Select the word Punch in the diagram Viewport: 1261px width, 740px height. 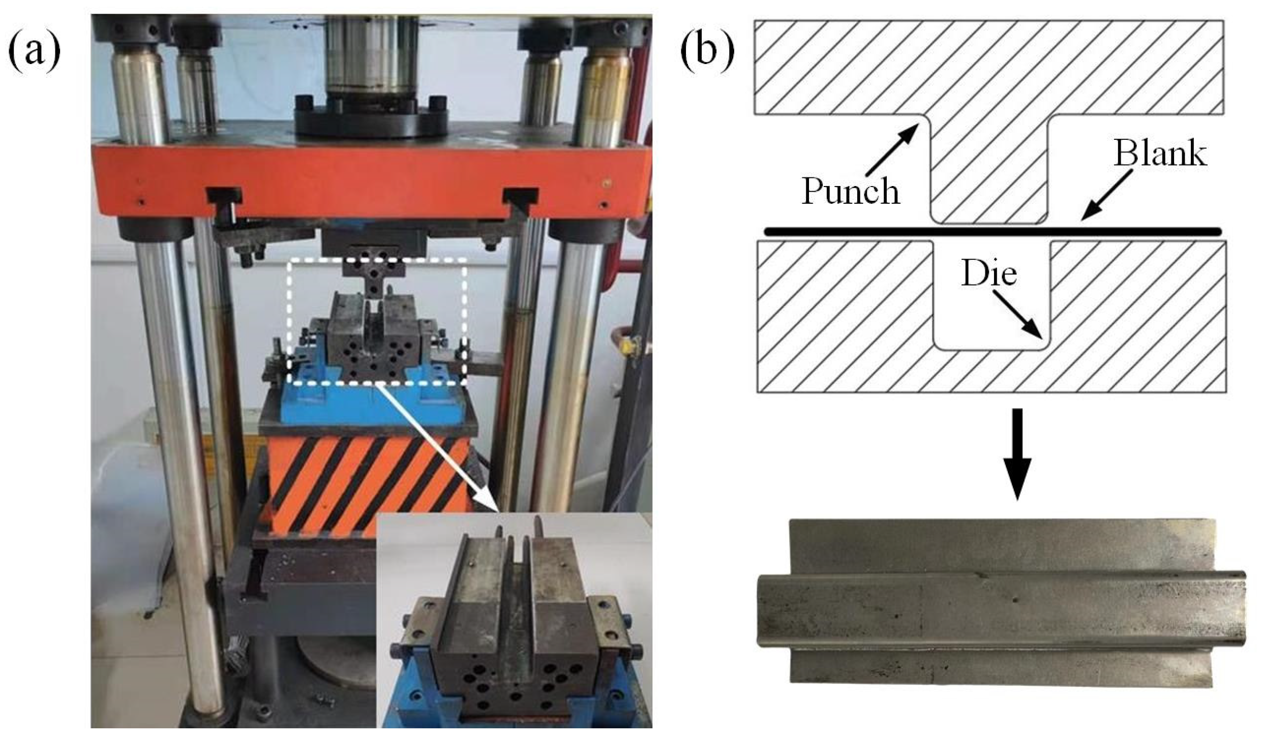(x=850, y=192)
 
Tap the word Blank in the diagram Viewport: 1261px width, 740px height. (x=1160, y=153)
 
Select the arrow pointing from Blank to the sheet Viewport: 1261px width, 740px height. (x=1106, y=195)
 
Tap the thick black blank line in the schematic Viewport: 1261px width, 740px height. (x=992, y=232)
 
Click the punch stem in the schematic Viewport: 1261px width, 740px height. (x=988, y=168)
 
